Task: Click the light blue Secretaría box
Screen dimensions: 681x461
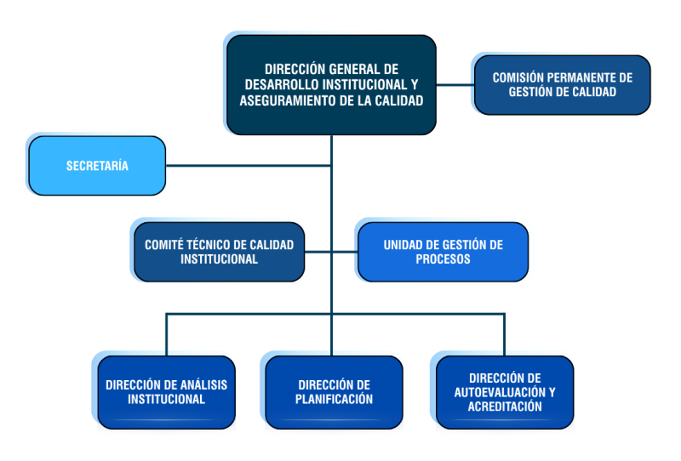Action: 97,165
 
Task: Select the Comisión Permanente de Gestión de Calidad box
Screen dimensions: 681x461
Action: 563,85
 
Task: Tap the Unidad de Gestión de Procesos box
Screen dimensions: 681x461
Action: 443,252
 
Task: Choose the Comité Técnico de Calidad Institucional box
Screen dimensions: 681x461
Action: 220,252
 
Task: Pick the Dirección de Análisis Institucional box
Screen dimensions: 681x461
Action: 166,392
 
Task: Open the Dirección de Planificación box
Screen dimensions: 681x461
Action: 334,392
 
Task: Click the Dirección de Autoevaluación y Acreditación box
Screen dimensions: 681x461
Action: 505,392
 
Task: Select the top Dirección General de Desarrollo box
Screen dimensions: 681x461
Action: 331,85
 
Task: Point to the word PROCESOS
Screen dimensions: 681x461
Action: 443,259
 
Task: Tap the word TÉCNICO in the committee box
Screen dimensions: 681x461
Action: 209,245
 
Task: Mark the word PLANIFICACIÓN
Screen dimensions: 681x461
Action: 334,400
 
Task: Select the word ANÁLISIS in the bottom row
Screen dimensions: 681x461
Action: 209,385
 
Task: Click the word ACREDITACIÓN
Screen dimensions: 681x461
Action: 505,407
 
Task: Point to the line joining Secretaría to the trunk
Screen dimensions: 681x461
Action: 249,165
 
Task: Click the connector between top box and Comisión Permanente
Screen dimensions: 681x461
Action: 455,85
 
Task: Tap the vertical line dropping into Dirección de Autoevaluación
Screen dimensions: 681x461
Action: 504,334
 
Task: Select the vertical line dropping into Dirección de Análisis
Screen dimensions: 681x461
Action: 166,334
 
